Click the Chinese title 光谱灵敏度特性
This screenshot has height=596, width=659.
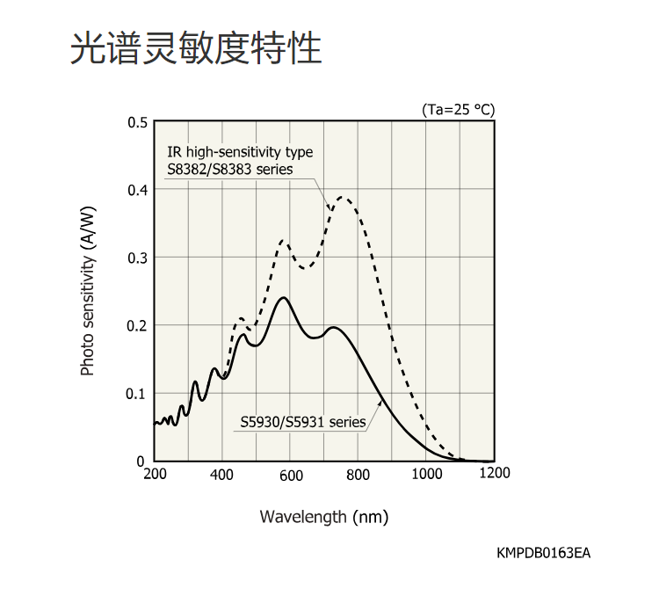196,48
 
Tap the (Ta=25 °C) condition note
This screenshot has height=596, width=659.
458,110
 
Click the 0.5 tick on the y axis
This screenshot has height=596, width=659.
136,122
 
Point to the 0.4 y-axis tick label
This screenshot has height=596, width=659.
136,190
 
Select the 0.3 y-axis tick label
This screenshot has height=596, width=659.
136,258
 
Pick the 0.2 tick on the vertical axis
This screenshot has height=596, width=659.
136,325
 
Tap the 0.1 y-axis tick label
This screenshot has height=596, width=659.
136,393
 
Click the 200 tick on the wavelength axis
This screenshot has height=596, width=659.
155,474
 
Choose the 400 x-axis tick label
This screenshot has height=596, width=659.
222,475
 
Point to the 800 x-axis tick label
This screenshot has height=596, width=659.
358,475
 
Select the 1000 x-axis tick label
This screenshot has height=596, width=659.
427,474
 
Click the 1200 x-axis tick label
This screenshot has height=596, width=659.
495,473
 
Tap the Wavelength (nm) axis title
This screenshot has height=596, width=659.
323,516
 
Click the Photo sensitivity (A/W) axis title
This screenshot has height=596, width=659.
87,291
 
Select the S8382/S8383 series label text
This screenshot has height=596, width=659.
230,169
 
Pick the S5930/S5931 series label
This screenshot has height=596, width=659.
303,422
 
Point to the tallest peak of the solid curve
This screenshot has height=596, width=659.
283,297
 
